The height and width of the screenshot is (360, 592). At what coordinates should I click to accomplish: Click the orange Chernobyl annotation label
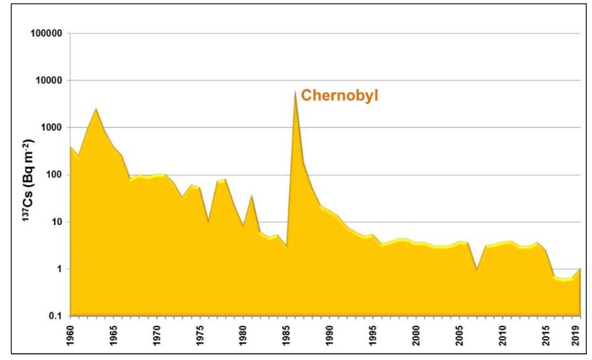[340, 95]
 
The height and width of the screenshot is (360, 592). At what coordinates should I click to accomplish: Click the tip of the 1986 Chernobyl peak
[295, 91]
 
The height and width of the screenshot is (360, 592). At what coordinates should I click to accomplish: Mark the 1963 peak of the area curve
[97, 109]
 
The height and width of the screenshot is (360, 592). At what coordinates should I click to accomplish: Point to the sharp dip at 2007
[477, 269]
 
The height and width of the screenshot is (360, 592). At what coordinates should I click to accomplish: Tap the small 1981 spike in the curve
[252, 195]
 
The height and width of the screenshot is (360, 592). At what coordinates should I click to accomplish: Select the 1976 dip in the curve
[209, 223]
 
